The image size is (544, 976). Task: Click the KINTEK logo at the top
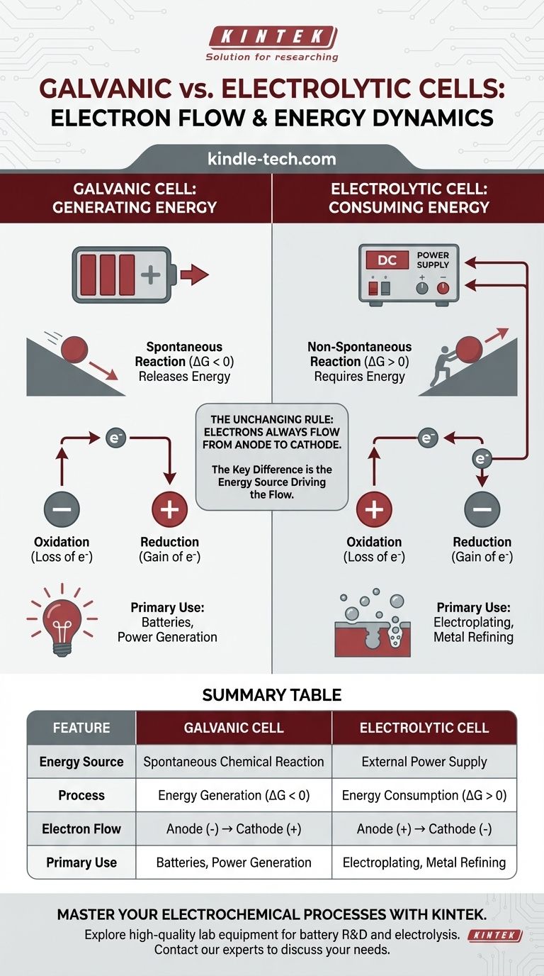pos(271,36)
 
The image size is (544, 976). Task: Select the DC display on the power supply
pos(387,260)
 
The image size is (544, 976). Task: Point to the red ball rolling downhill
pos(74,350)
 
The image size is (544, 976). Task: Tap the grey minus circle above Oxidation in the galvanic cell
pos(62,509)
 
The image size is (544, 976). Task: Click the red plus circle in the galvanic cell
pos(170,509)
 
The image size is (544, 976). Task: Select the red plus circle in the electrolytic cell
pos(374,509)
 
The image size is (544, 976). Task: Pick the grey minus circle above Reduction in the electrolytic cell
pos(482,509)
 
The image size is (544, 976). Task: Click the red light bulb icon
pos(59,618)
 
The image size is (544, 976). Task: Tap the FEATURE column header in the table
pos(81,728)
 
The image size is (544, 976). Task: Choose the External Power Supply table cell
pos(424,762)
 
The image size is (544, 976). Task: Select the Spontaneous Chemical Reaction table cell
pos(233,762)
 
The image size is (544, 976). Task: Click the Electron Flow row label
pos(81,828)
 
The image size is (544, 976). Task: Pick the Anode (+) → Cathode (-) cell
pos(424,828)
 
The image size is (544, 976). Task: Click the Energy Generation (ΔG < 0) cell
pos(233,795)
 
